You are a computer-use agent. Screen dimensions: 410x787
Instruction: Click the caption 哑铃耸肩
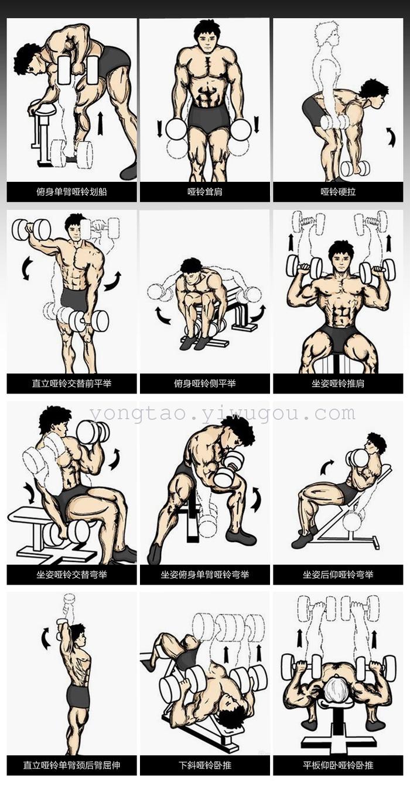click(205, 192)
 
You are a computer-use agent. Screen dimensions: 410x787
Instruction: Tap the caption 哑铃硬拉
click(338, 192)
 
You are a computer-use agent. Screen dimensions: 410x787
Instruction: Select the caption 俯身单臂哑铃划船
click(72, 192)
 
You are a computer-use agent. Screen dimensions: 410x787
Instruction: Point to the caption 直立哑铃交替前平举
click(72, 383)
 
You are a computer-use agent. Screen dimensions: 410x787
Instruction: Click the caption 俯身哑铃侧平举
click(205, 383)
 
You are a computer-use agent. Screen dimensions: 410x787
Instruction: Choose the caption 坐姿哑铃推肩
click(338, 383)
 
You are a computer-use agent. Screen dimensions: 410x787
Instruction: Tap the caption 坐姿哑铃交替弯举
click(72, 574)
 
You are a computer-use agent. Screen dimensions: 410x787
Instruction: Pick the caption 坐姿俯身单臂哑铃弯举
click(205, 574)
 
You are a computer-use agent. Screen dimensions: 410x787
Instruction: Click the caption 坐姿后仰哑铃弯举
click(338, 574)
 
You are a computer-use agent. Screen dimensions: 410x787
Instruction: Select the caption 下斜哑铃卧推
click(205, 766)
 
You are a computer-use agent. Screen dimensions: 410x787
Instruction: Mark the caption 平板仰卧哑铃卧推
click(338, 766)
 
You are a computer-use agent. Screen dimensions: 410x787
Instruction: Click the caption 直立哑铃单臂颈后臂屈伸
click(72, 766)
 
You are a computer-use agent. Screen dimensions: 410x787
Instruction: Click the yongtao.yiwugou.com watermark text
click(222, 414)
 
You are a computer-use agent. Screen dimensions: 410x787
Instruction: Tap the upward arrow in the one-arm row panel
click(101, 123)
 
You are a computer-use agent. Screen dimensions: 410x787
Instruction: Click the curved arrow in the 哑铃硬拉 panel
click(391, 136)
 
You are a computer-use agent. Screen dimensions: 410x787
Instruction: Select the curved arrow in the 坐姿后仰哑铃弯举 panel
click(327, 467)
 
